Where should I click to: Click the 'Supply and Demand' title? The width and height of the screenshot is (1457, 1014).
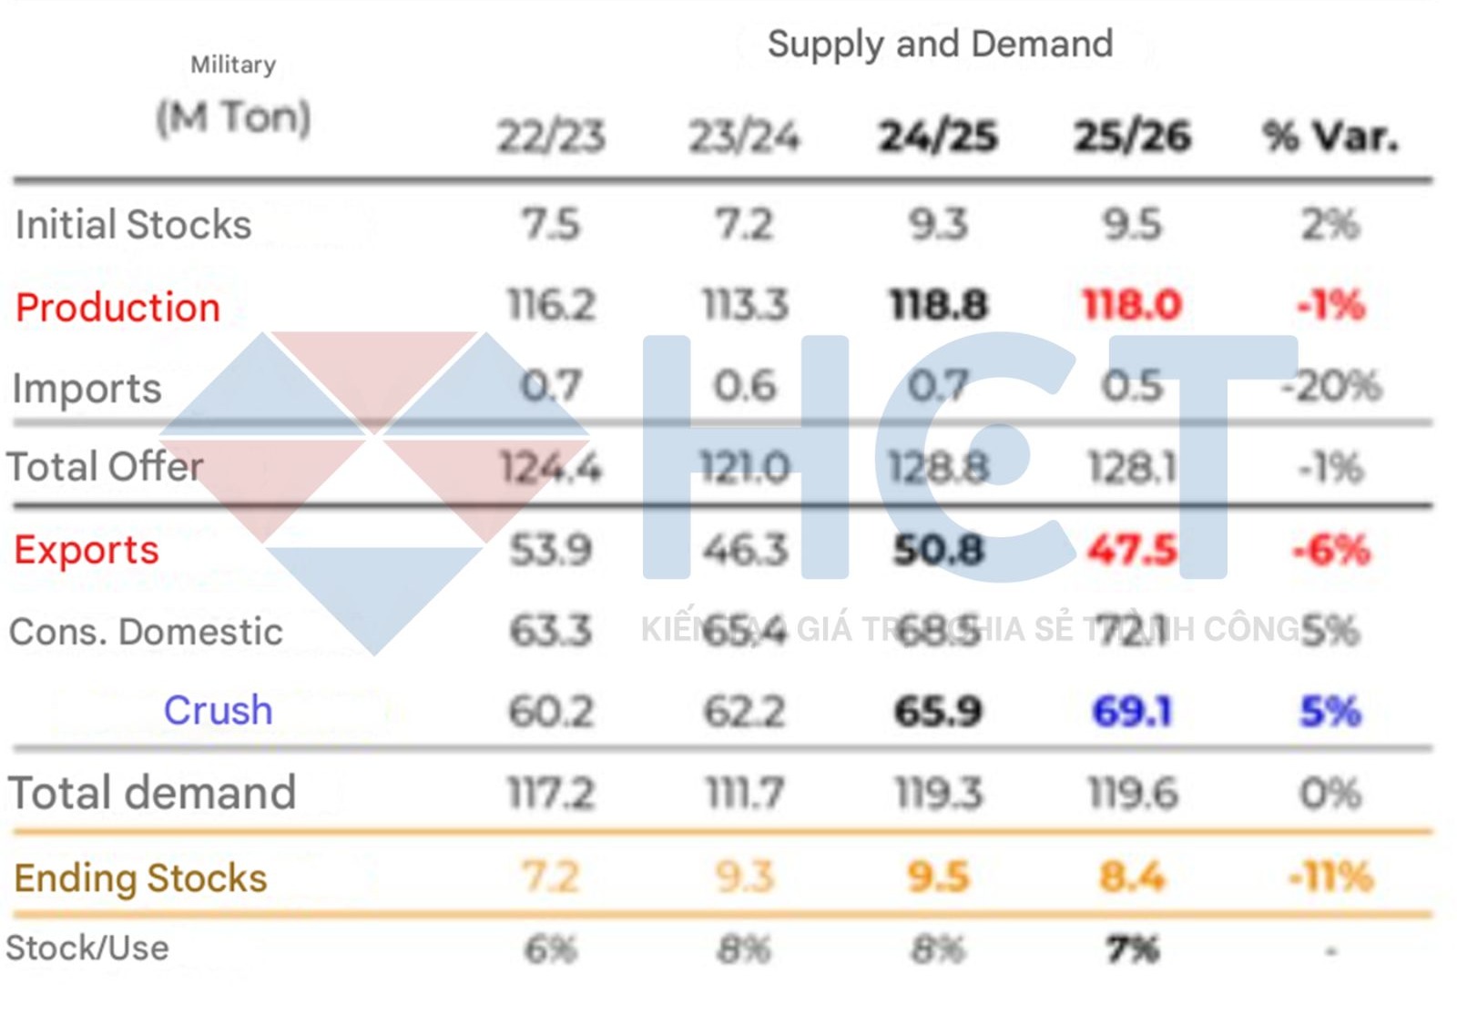[x=940, y=45]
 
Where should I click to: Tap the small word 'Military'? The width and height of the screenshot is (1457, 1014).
[x=233, y=65]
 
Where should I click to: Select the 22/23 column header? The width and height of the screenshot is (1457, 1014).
[x=551, y=137]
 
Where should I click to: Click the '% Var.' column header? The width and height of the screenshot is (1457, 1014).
[x=1330, y=137]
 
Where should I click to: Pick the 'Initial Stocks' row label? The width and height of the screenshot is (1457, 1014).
[x=133, y=225]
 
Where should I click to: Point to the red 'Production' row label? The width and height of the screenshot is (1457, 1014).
[x=117, y=308]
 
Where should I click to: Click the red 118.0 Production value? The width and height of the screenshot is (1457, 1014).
[x=1132, y=305]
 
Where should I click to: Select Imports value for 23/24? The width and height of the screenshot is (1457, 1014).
[x=745, y=387]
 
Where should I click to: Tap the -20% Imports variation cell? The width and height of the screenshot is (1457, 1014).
[x=1331, y=387]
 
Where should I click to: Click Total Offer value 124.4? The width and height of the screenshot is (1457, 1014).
[x=551, y=468]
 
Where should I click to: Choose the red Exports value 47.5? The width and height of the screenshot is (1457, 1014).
[x=1132, y=550]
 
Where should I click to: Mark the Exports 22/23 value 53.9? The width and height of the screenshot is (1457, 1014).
[x=551, y=550]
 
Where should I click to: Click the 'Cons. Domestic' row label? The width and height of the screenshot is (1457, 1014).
[x=146, y=632]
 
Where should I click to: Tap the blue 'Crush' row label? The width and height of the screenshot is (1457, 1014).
[x=218, y=711]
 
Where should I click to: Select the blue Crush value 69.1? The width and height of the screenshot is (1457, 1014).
[x=1132, y=712]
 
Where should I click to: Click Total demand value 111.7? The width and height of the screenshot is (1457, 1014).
[x=745, y=794]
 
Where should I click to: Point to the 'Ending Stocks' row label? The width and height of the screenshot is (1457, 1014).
[x=140, y=878]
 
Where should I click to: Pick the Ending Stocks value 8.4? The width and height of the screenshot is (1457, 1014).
[x=1132, y=877]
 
